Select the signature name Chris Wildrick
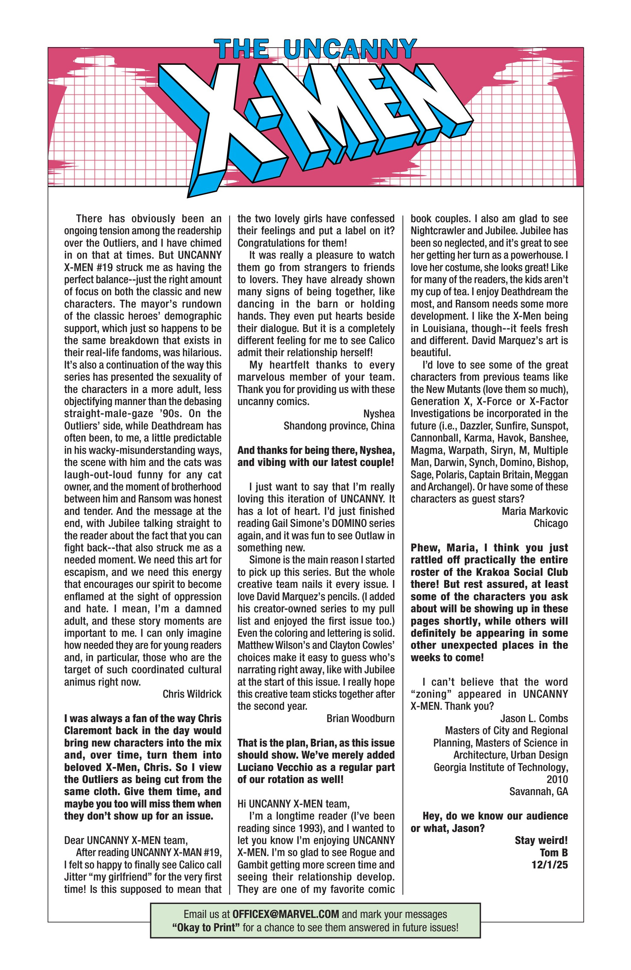[x=192, y=694]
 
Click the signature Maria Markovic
[x=535, y=511]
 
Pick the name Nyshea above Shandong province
[x=379, y=414]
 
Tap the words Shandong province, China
[x=339, y=426]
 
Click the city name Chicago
[x=551, y=523]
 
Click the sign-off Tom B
[x=554, y=852]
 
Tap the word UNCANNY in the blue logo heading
[x=350, y=49]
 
